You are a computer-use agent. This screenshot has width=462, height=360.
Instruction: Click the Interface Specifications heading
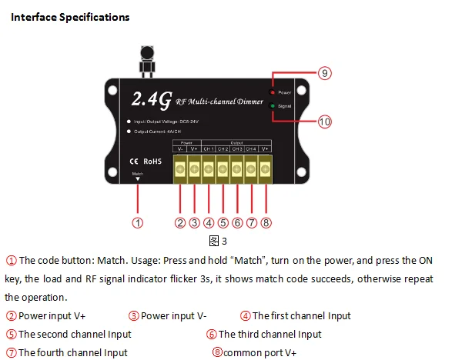[70, 16]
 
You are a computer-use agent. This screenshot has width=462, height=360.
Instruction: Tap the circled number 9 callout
[324, 73]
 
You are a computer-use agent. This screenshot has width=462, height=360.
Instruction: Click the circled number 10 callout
[324, 122]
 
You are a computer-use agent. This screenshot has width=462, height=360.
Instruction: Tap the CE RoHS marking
[142, 162]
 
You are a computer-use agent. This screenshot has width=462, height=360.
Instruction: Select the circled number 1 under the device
[137, 223]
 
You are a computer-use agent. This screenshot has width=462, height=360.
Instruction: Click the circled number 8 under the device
[266, 223]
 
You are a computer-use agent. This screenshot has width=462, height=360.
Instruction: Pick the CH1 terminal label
[208, 148]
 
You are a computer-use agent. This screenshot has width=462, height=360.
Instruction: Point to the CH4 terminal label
[251, 148]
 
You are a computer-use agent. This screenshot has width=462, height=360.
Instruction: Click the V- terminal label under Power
[179, 148]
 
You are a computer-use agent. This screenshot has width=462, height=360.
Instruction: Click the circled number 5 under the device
[223, 223]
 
